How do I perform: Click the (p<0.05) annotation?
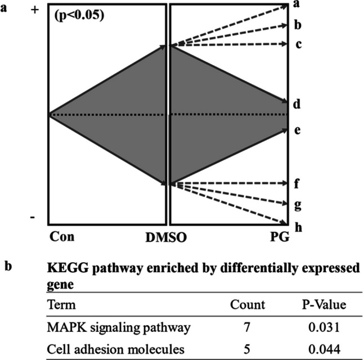click(x=79, y=16)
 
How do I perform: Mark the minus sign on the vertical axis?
click(x=33, y=217)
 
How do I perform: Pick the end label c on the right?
click(x=299, y=44)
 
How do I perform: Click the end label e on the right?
click(x=299, y=130)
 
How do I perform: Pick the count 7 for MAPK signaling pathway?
click(x=247, y=327)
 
